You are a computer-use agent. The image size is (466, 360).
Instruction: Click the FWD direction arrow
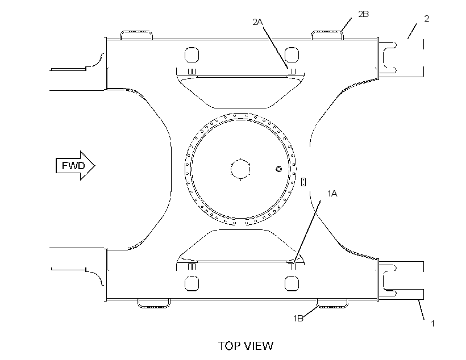coord(76,165)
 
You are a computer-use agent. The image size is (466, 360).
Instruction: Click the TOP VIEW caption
coord(246,346)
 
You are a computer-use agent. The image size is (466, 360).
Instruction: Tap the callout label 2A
coord(257,22)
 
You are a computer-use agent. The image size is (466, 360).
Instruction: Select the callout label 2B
coord(363,14)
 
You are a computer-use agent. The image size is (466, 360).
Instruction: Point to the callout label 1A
coord(332,194)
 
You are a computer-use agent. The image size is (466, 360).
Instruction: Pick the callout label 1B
coord(298,319)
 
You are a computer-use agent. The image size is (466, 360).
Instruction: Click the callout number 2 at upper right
coord(426,19)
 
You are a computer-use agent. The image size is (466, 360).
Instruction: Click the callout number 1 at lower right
coord(432,324)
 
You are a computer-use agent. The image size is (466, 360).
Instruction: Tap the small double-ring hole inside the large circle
coord(278,169)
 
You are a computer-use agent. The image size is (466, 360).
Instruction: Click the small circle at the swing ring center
coord(240,169)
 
